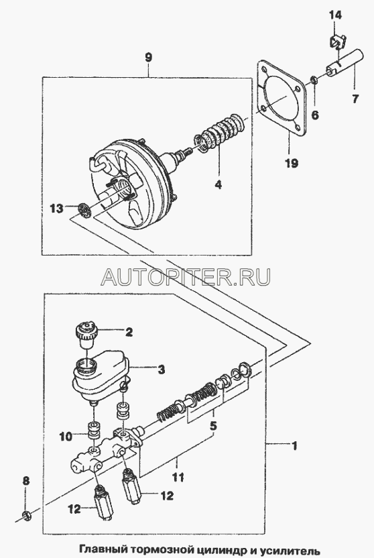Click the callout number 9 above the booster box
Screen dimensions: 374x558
[x=149, y=58]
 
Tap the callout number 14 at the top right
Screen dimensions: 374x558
[x=335, y=15]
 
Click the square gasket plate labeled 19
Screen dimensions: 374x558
[x=281, y=101]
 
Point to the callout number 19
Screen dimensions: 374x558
[x=291, y=164]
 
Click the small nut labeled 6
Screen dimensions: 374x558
[x=314, y=80]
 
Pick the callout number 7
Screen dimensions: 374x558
[x=355, y=99]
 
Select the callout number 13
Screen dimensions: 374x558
[x=56, y=208]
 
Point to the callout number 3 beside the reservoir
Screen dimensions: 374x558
[x=161, y=370]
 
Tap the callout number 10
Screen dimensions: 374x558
[x=66, y=437]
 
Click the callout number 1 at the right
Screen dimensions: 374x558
[x=294, y=445]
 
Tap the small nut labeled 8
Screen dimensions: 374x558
[x=25, y=514]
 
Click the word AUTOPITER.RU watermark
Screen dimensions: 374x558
[x=186, y=277]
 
